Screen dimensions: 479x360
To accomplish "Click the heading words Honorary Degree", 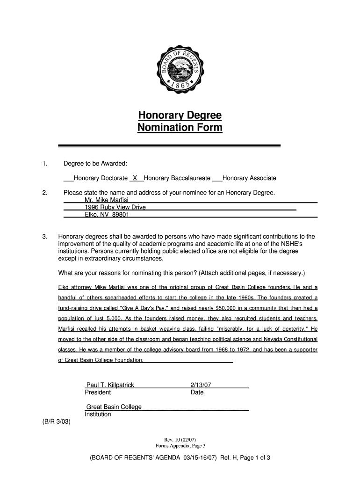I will coord(180,116).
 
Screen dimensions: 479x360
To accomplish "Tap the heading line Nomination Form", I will coord(180,128).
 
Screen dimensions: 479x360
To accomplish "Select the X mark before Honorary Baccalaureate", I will coord(135,178).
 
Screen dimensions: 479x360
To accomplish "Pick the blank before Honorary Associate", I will coord(217,178).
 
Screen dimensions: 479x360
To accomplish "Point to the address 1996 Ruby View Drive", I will coord(115,207).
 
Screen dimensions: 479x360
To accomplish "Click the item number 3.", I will coord(44,237).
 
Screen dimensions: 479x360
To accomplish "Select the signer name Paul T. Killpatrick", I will coord(110,385).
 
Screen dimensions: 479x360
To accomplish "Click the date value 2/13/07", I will coord(201,385).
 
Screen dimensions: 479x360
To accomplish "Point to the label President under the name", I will coord(98,392).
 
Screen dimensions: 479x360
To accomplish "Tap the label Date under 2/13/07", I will coord(197,392).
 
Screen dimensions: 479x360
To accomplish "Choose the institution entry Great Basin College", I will coord(114,407).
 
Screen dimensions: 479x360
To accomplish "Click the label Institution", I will coord(98,414).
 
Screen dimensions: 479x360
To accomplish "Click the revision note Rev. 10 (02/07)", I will coord(180,440).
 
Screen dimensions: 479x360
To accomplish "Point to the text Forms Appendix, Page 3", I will coord(180,446).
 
